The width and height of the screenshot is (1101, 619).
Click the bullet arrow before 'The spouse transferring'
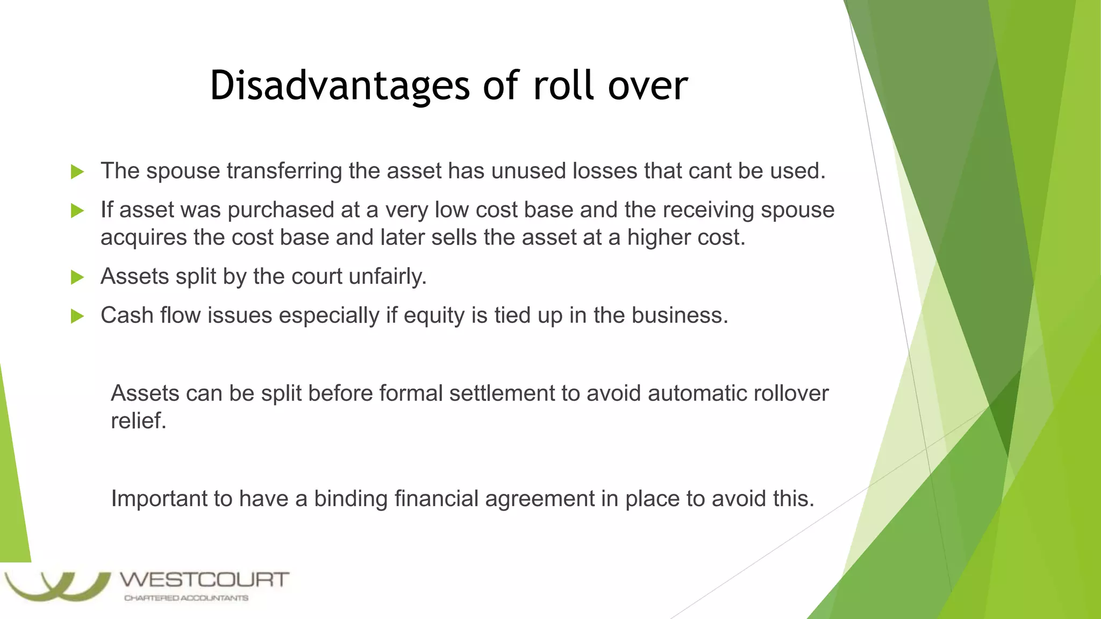pyautogui.click(x=77, y=172)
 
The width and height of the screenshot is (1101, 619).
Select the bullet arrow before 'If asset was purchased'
pyautogui.click(x=77, y=211)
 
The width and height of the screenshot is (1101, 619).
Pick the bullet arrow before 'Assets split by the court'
pyautogui.click(x=77, y=277)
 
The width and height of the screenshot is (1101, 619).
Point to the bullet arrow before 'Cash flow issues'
pyautogui.click(x=77, y=316)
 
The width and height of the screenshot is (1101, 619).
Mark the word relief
pyautogui.click(x=138, y=421)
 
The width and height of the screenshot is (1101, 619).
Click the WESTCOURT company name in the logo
pyautogui.click(x=204, y=580)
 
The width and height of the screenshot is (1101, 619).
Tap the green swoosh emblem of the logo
pyautogui.click(x=56, y=587)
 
